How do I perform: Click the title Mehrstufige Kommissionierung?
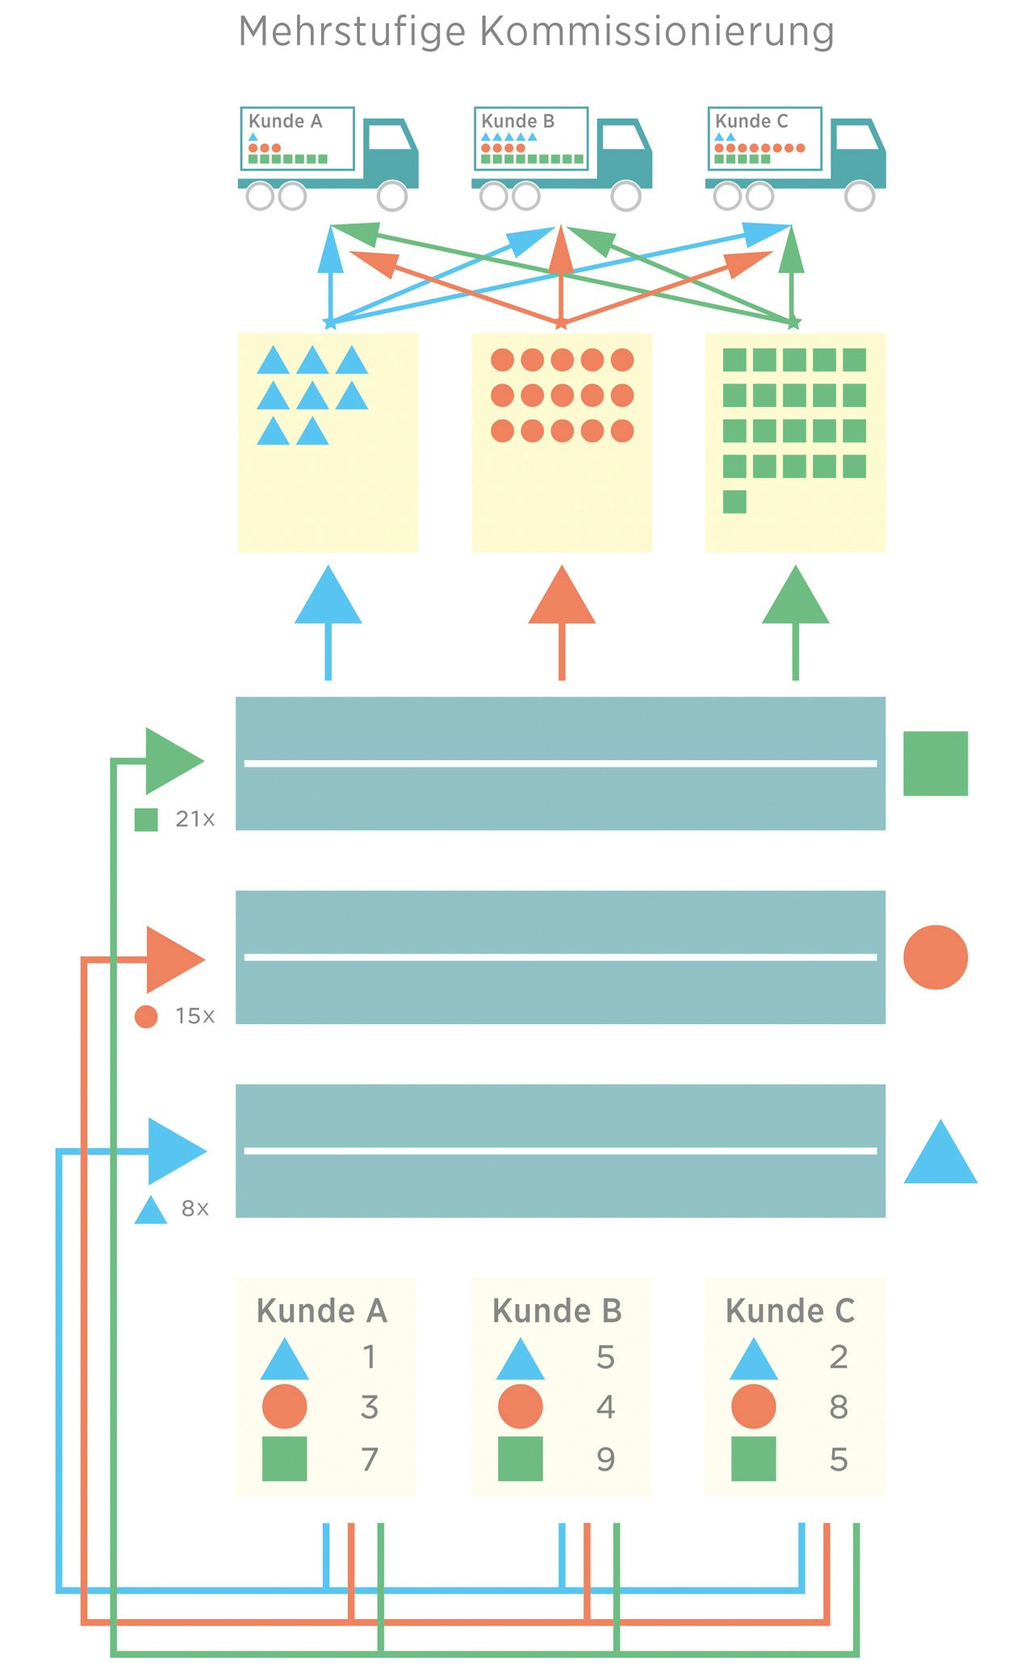tap(536, 32)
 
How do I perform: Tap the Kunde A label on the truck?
tap(285, 121)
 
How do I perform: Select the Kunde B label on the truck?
tap(517, 121)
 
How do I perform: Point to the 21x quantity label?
tap(194, 819)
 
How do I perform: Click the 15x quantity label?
tap(194, 1016)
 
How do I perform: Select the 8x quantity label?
tap(194, 1208)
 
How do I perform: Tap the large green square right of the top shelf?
tap(935, 763)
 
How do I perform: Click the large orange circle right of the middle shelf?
tap(935, 957)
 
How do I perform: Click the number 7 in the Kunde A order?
tap(370, 1459)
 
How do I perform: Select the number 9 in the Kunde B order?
tap(605, 1459)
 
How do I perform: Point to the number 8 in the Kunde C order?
tap(839, 1408)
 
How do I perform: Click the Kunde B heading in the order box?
tap(557, 1311)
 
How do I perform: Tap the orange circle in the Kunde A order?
tap(285, 1407)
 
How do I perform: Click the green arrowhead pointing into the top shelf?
tap(171, 760)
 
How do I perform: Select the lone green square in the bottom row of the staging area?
tap(734, 501)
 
